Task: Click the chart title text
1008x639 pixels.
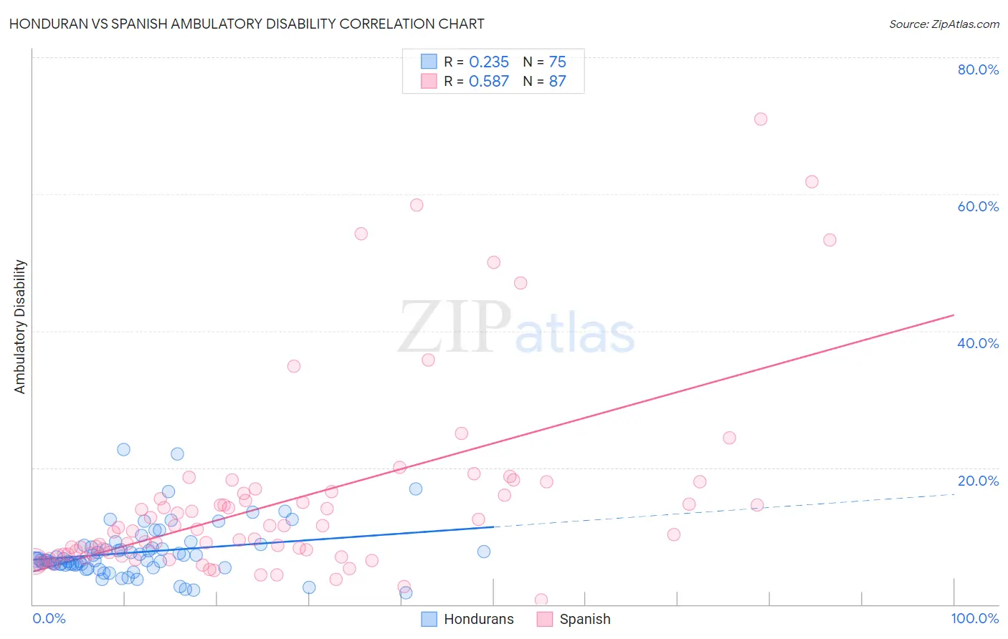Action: [247, 24]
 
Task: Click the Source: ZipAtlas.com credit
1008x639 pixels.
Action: [943, 24]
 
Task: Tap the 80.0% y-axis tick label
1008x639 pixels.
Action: [978, 69]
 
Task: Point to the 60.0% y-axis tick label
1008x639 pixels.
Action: [978, 206]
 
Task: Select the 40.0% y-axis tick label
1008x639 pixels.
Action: [978, 343]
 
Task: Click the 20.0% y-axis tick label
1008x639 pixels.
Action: [978, 481]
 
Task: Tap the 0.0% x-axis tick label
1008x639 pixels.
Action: [49, 618]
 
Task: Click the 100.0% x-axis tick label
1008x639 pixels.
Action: [974, 618]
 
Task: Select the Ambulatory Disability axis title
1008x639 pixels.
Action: [20, 327]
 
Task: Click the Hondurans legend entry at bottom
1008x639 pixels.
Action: [478, 619]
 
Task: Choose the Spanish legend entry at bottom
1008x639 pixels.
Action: [584, 619]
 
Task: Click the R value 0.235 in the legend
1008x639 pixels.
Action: [488, 62]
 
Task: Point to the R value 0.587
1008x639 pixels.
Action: [488, 82]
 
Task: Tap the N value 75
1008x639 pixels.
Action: [557, 62]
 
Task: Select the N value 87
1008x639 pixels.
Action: [557, 82]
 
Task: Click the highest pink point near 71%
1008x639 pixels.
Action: [761, 119]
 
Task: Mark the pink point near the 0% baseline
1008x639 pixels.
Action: [541, 600]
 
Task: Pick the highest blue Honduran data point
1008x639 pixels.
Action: [124, 449]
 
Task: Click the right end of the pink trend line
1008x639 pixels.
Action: [954, 315]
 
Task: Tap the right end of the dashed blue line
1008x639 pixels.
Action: [954, 494]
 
